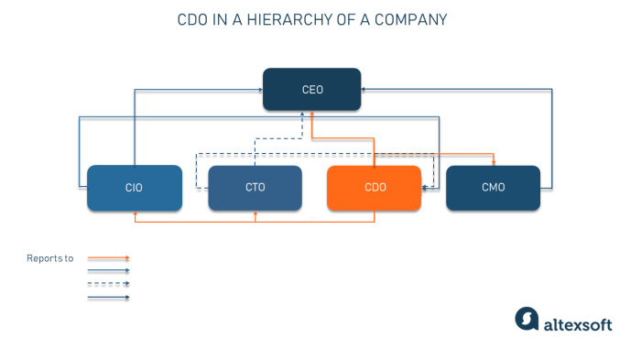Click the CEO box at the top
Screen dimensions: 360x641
coord(312,90)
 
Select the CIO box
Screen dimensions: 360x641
coord(135,188)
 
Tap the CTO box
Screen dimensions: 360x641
coord(255,188)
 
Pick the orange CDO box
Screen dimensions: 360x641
coord(375,188)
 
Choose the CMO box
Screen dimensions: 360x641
coord(494,188)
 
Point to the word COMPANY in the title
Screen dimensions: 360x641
coord(409,18)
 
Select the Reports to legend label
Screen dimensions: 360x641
coord(49,259)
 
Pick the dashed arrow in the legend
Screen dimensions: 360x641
coord(108,284)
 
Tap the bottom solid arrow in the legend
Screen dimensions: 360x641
coord(108,297)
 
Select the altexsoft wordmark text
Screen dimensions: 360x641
coord(579,322)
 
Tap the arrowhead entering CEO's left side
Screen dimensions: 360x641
coord(260,90)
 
